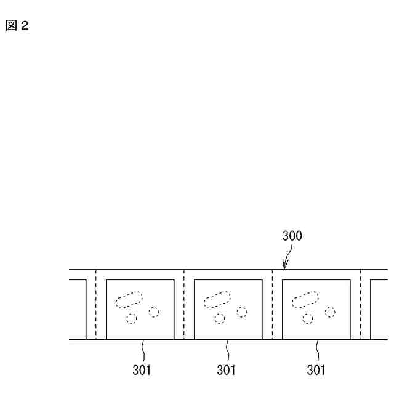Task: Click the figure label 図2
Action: point(17,26)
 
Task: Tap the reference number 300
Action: point(292,236)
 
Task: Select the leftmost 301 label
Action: point(142,371)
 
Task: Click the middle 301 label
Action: point(227,371)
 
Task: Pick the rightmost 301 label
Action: point(316,371)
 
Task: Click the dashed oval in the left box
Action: point(129,299)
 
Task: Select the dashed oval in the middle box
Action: point(217,299)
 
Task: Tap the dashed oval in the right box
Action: point(305,299)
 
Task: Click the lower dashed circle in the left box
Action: point(131,319)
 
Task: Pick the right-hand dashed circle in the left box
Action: point(154,312)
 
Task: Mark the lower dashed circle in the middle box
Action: point(220,319)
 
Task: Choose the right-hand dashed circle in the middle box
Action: point(243,312)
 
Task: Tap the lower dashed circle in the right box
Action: point(308,319)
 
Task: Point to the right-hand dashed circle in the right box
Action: point(331,312)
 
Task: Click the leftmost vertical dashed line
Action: point(96,305)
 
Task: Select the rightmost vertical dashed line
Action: point(361,305)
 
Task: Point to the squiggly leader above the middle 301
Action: point(227,351)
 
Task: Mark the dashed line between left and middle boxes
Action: point(184,305)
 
